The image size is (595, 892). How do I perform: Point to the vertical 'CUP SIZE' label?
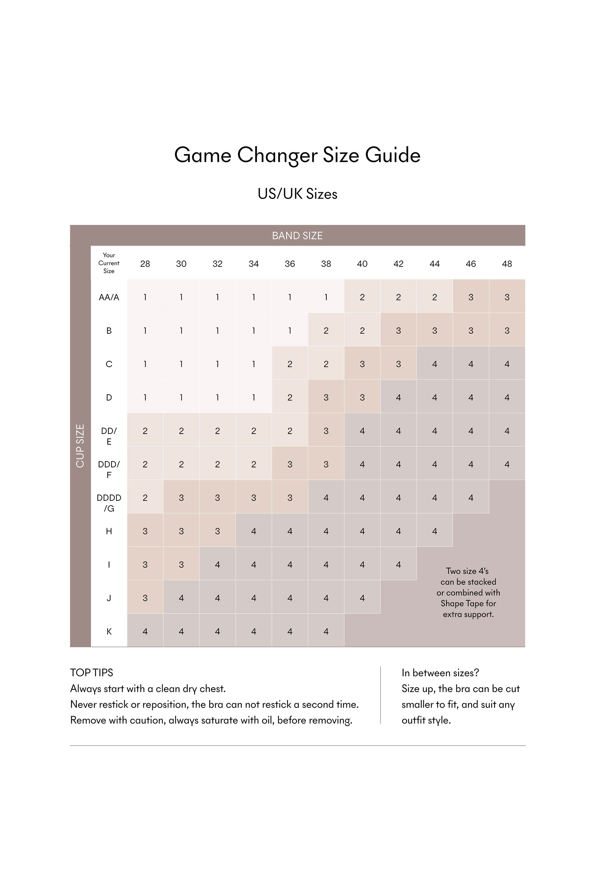80,446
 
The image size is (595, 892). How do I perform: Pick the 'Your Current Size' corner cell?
109,263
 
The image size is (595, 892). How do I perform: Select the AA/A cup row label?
109,297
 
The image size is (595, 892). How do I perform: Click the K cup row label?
109,631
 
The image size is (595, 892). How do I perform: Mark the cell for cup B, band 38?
326,330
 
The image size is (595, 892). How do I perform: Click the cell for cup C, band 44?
434,364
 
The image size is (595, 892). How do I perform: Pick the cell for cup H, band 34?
253,531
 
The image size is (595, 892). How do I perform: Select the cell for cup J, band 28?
145,598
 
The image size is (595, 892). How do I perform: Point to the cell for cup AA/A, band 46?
470,297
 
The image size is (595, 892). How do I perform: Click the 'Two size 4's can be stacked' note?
468,593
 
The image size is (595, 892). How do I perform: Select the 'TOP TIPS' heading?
91,673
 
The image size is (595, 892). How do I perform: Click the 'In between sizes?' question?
440,673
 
